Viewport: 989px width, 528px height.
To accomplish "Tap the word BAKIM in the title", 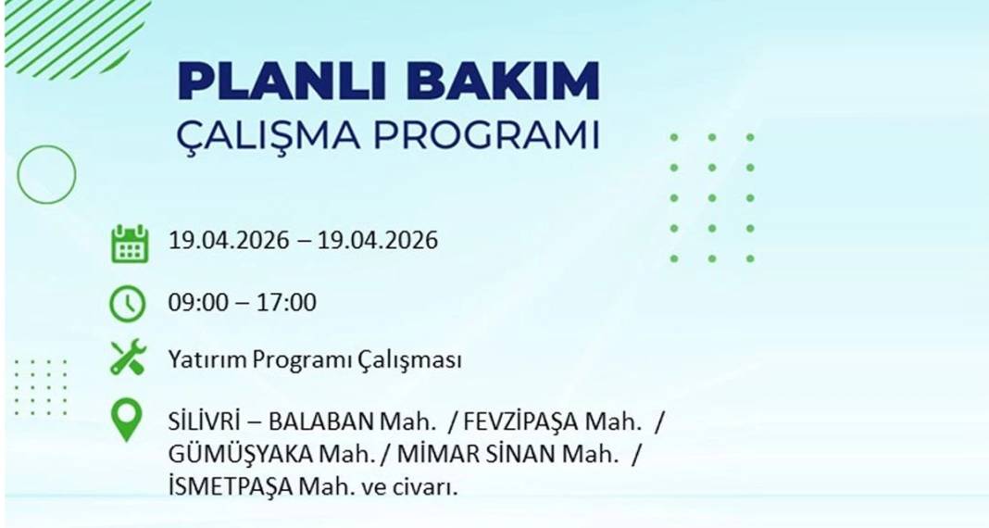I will [x=503, y=82].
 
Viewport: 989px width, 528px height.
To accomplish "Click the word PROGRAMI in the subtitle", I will [x=486, y=135].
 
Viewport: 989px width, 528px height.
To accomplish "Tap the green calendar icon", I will [x=129, y=243].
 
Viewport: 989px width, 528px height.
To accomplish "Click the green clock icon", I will [x=128, y=303].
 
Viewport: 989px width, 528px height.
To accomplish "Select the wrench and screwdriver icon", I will [x=128, y=358].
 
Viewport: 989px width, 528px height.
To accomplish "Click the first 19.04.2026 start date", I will [x=228, y=241].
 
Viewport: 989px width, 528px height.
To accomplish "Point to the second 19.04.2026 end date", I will [x=378, y=241].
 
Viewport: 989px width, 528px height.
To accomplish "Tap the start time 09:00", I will [x=196, y=302].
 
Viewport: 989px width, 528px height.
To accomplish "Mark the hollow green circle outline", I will [x=46, y=174].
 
